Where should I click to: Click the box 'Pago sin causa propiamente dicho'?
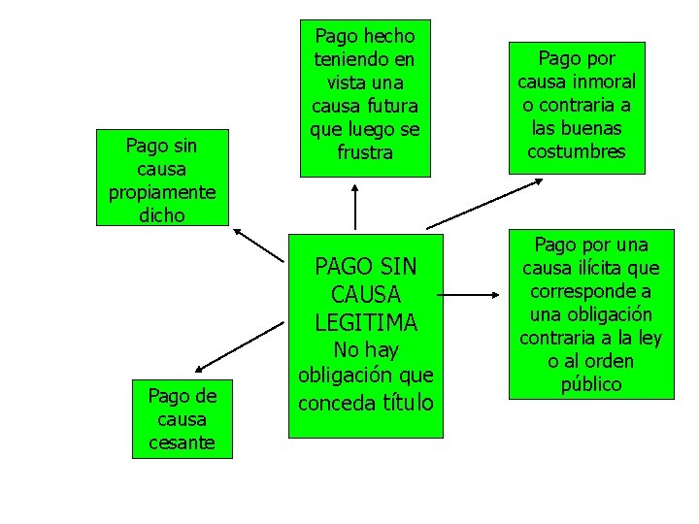(161, 179)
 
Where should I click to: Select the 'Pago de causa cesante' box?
(183, 419)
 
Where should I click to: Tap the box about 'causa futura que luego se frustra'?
(364, 98)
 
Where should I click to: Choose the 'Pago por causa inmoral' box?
(577, 105)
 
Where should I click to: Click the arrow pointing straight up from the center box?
(355, 206)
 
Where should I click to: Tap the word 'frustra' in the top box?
(365, 152)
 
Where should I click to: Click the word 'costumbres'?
(577, 151)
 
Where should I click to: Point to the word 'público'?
(590, 384)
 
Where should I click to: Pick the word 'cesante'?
(183, 443)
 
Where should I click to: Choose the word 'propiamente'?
(161, 192)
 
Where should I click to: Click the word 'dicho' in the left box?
(161, 215)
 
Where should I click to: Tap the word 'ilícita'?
(625, 268)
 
